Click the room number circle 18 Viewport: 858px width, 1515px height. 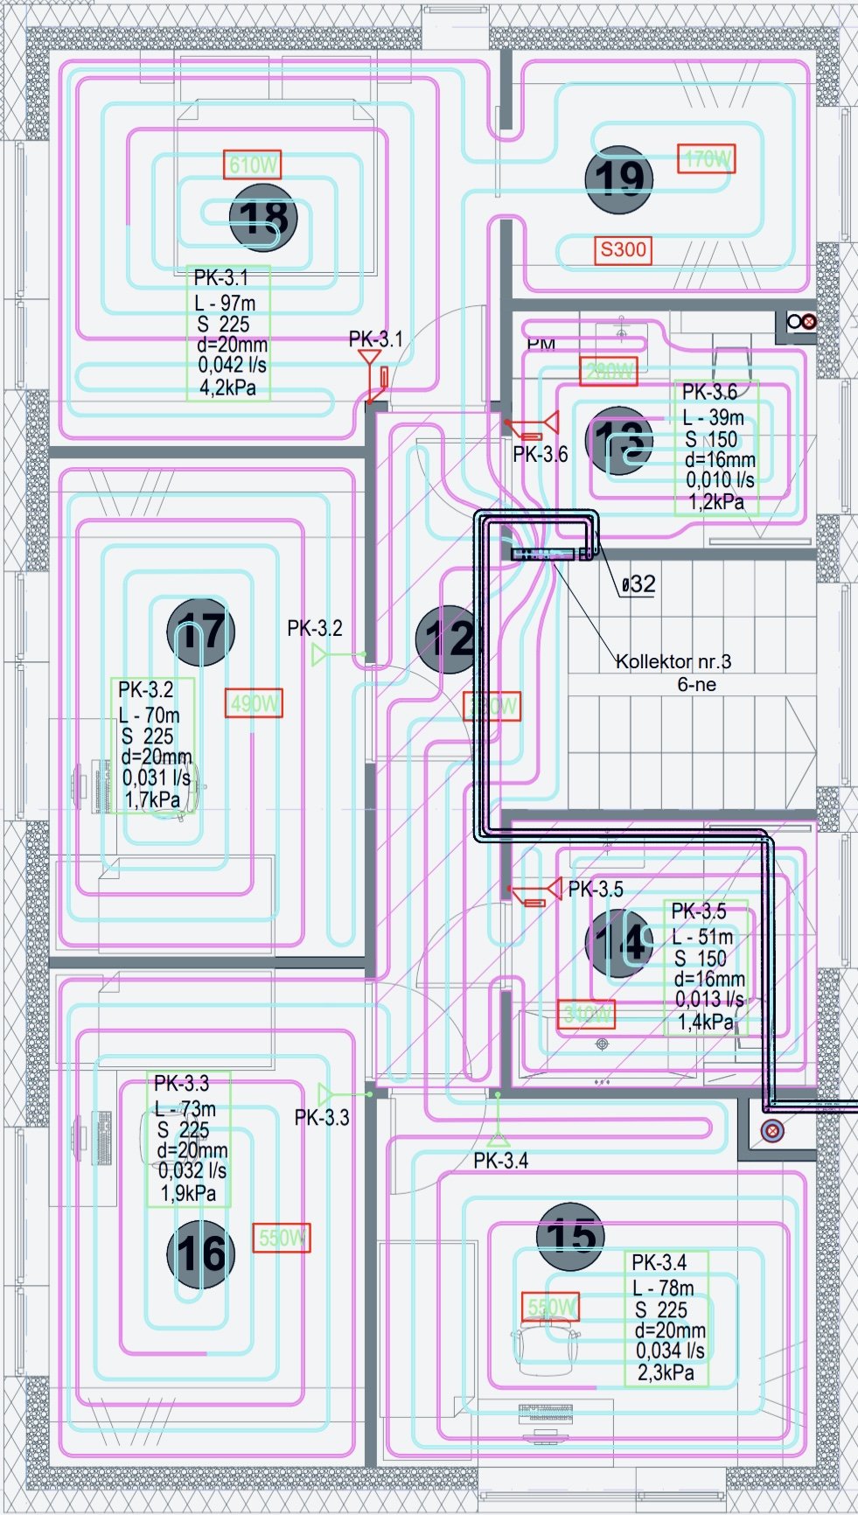pos(263,217)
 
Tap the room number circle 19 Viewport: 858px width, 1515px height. pos(619,179)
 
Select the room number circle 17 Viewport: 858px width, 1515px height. pos(201,632)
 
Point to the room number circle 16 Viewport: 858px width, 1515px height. pos(201,1253)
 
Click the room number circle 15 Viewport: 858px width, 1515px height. pos(570,1236)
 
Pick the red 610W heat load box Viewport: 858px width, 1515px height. pos(252,164)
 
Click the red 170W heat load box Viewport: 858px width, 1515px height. pos(707,159)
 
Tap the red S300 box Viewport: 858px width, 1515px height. pos(623,249)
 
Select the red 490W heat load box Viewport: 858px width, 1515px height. pos(255,703)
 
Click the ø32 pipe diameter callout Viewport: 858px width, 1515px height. pos(638,584)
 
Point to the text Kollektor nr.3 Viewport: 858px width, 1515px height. pos(673,661)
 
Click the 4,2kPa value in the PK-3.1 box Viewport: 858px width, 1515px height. pos(227,387)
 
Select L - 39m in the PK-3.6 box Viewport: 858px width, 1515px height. pos(714,418)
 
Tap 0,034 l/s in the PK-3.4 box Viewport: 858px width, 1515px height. pos(670,1351)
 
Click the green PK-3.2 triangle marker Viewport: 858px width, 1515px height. pos(320,654)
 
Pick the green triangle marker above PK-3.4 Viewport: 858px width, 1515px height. pos(498,1138)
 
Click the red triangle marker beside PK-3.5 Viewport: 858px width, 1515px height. pos(553,890)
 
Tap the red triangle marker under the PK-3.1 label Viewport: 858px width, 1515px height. pos(369,358)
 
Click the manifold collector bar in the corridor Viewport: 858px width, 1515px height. pos(542,554)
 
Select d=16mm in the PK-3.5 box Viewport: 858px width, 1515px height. pos(709,979)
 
